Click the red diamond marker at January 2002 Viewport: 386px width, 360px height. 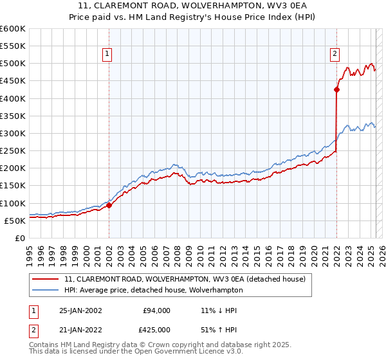coord(109,205)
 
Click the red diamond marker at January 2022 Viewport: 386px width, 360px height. coord(336,90)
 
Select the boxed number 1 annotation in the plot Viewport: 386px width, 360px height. coord(107,55)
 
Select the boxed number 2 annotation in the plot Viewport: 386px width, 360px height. coord(335,55)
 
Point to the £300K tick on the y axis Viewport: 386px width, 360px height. coord(12,133)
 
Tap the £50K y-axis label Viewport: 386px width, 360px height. coord(15,221)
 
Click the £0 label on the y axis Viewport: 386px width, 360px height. coord(19,238)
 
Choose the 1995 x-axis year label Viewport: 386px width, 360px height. coord(29,251)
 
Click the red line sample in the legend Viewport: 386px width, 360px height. coord(46,279)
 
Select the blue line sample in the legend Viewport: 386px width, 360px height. coord(46,290)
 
